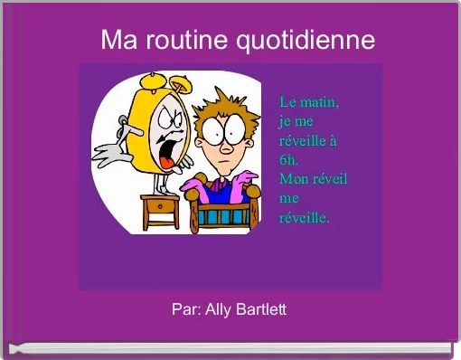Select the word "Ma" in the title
coord(115,40)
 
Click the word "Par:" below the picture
coord(186,309)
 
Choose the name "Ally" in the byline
coord(217,309)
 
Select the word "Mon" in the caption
coord(295,180)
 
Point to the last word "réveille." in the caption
coord(306,218)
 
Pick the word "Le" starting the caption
coord(288,101)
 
